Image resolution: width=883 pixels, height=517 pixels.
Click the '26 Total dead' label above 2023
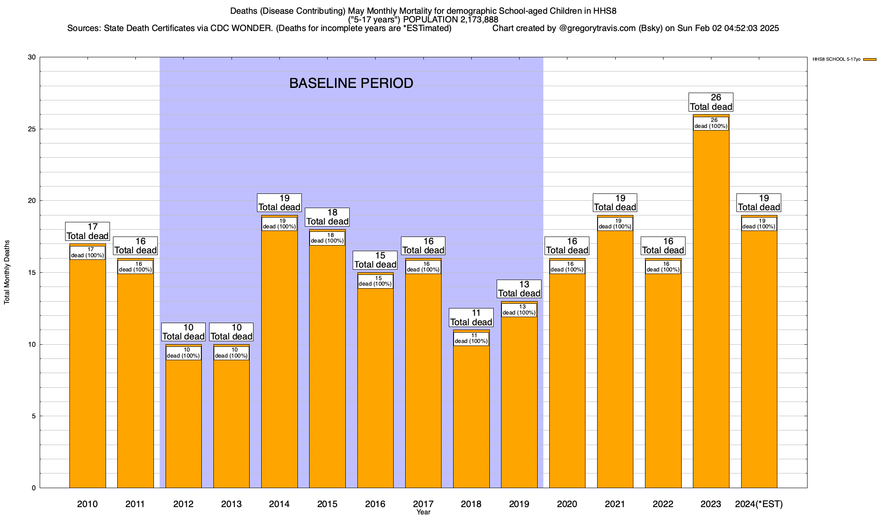point(711,103)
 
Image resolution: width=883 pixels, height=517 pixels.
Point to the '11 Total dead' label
point(471,318)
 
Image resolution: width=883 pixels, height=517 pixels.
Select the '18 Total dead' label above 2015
point(327,217)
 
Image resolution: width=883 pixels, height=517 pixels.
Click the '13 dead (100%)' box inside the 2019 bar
point(519,310)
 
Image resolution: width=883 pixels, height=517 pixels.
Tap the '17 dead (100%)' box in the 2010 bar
point(88,252)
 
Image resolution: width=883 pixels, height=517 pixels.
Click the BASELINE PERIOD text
point(351,83)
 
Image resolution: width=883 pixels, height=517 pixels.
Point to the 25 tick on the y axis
point(32,129)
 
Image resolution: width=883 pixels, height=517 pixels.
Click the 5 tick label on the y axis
point(34,416)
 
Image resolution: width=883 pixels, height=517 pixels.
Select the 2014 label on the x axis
point(279,504)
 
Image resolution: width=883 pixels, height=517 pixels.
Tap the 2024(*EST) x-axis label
point(759,504)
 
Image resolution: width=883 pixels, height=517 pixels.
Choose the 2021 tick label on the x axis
point(615,504)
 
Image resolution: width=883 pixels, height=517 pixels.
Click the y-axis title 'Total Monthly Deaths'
point(7,272)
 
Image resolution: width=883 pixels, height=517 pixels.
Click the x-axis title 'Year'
point(423,512)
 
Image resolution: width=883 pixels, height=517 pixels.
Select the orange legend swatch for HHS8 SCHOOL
point(870,59)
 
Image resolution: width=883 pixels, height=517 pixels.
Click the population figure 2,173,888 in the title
point(473,20)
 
